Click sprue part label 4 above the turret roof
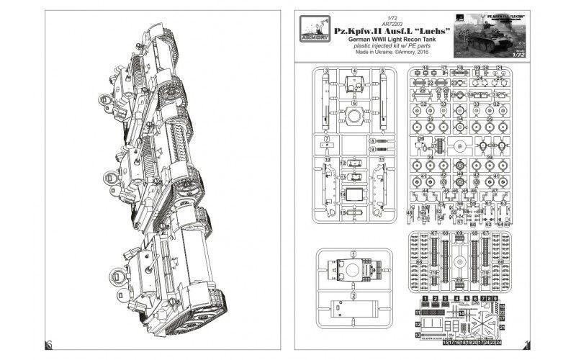pos(355,71)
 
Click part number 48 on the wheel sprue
pos(410,214)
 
